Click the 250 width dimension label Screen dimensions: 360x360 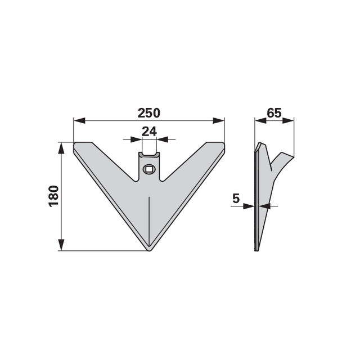[148, 113]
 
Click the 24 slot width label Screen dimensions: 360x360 [149, 132]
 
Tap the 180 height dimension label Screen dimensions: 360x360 [54, 196]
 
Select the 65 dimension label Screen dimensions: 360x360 [274, 113]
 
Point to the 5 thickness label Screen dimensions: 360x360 [236, 199]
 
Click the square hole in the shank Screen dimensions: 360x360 [149, 169]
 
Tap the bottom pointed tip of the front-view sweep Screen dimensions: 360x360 [149, 250]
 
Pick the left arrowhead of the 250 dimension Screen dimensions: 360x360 [79, 120]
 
